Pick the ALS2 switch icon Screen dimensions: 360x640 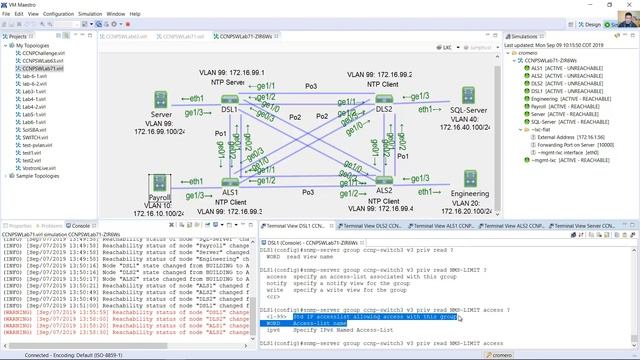pyautogui.click(x=383, y=186)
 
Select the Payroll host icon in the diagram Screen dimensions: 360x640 pyautogui.click(x=157, y=185)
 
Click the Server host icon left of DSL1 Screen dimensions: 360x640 pyautogui.click(x=158, y=99)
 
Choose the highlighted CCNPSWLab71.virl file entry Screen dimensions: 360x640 pyautogui.click(x=38, y=68)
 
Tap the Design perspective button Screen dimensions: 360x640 pyautogui.click(x=589, y=23)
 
